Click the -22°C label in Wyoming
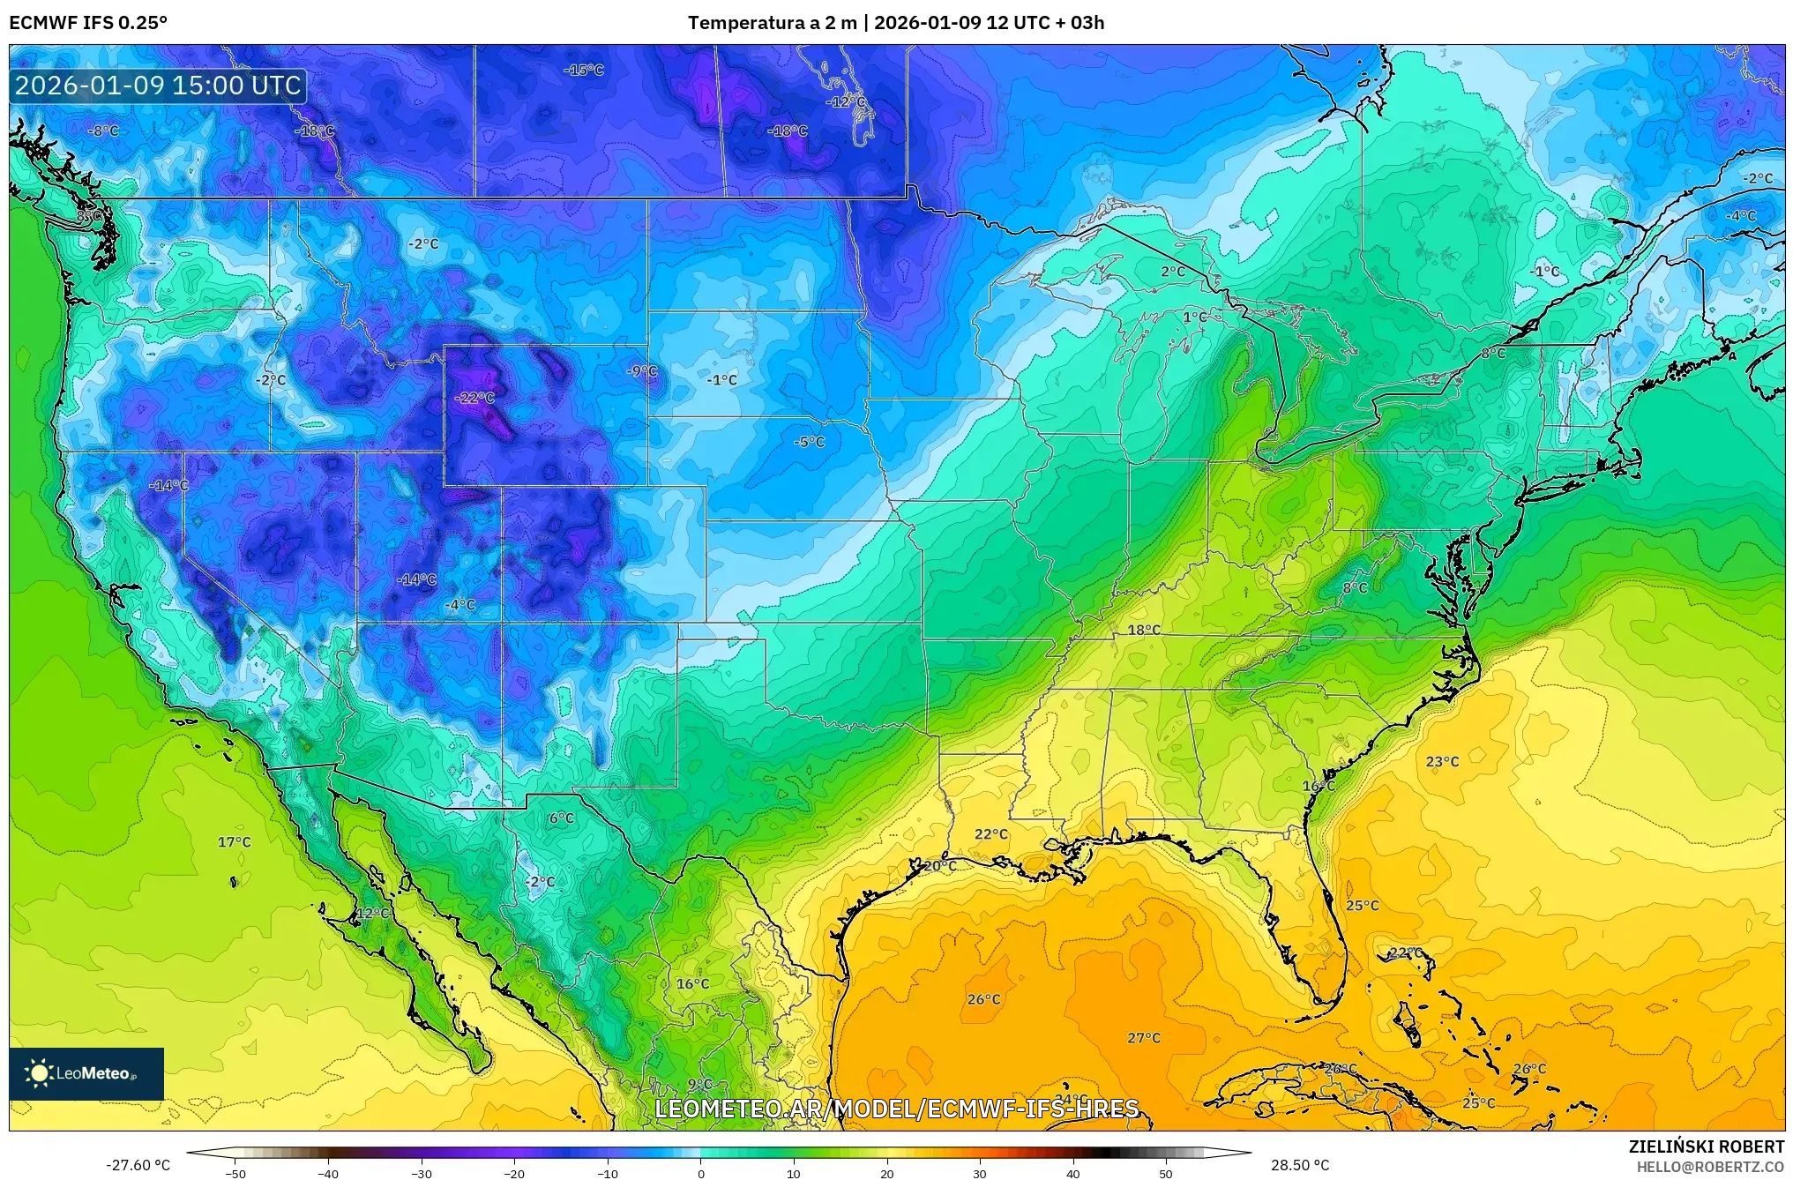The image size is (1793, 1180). point(474,398)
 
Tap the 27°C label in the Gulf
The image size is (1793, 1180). point(1144,1038)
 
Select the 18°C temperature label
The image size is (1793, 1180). point(1144,630)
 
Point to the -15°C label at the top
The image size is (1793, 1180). point(584,70)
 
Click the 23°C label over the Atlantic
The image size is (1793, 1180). point(1442,762)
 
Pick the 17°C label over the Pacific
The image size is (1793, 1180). point(235,842)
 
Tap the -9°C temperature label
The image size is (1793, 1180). point(642,371)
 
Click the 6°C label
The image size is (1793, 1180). point(562,818)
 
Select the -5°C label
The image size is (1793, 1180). point(809,442)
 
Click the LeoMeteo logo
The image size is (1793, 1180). point(86,1073)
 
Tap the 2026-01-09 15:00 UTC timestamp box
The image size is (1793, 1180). point(159,86)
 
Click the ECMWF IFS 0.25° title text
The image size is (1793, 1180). point(88,23)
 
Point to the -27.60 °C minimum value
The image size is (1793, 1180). point(138,1165)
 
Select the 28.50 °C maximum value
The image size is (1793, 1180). point(1300,1165)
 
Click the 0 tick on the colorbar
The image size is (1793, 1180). point(701,1174)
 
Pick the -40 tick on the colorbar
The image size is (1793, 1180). point(328,1174)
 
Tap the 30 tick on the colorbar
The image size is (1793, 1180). point(980,1174)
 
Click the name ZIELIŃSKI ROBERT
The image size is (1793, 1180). point(1706,1147)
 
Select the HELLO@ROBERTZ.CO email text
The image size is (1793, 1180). point(1710,1167)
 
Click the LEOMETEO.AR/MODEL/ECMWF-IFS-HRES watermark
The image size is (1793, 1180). point(896,1109)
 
